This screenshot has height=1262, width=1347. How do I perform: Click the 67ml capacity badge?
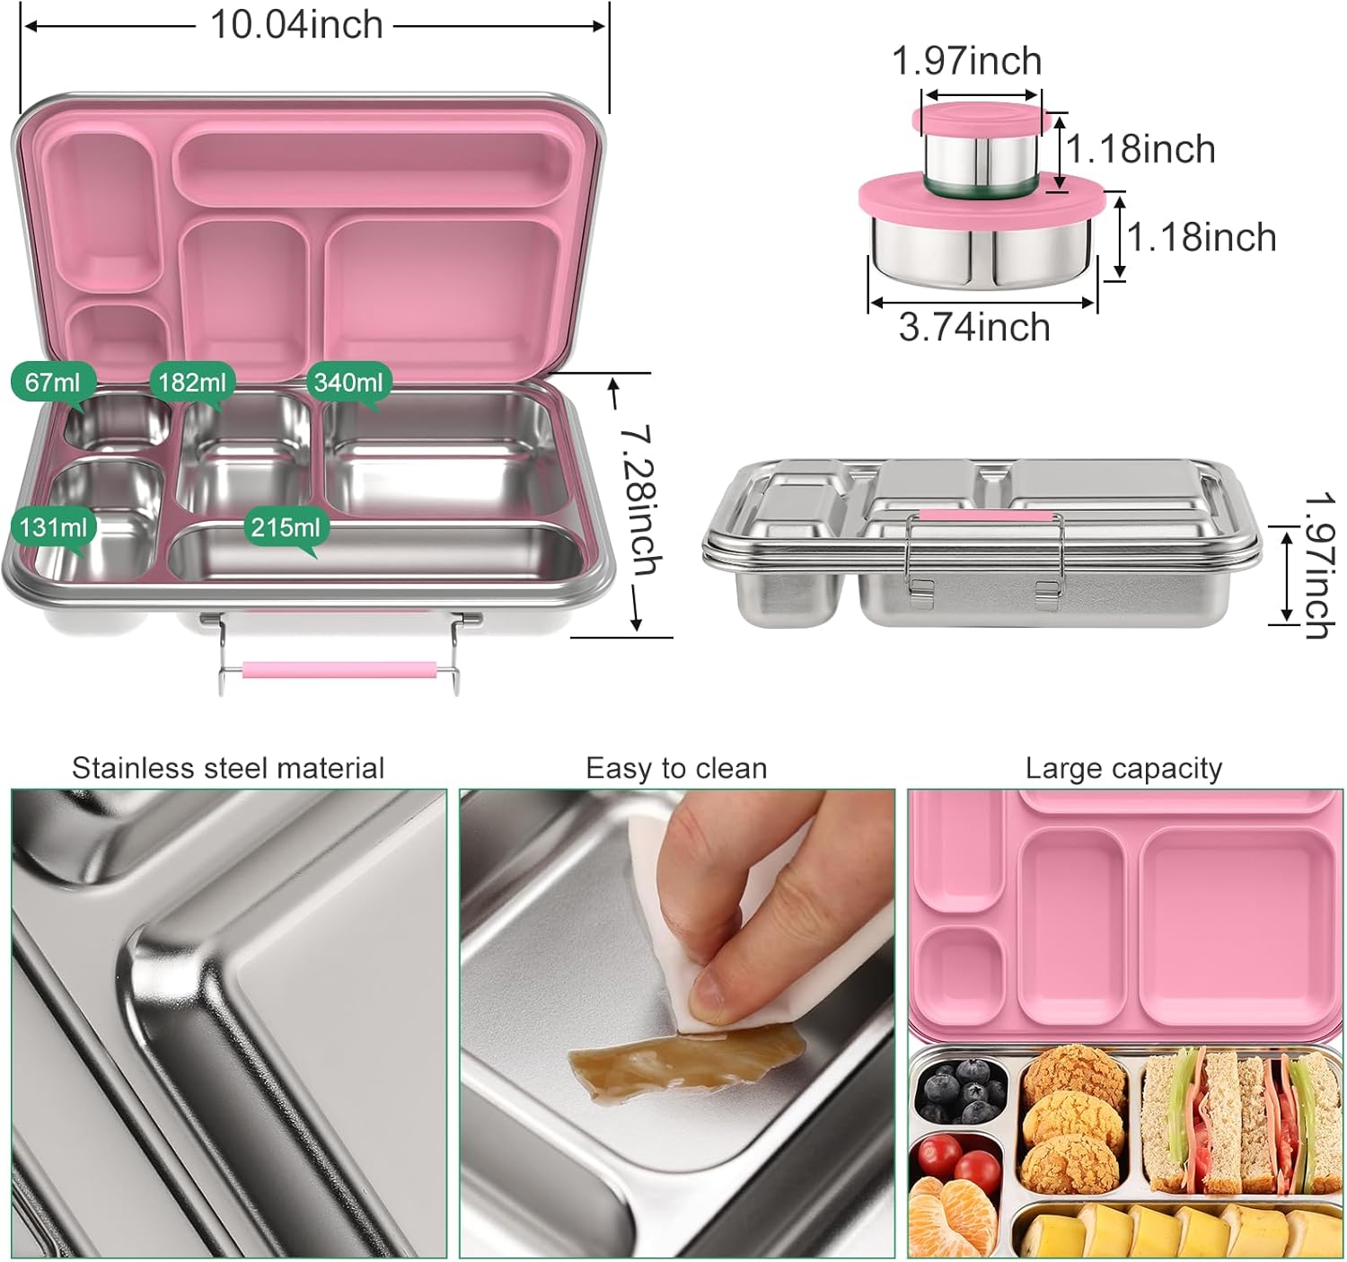(52, 383)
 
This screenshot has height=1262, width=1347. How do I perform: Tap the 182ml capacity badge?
(191, 383)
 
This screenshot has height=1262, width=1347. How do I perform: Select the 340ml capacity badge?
(348, 383)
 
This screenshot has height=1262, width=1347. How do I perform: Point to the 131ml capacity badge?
(54, 526)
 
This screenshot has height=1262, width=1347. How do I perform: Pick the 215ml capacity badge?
(286, 526)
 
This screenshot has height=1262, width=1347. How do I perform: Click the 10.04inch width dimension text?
(296, 25)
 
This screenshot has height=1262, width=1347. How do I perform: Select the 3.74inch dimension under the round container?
(974, 327)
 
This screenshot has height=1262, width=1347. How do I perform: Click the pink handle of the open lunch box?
(339, 670)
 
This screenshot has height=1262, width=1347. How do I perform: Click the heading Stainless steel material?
(228, 768)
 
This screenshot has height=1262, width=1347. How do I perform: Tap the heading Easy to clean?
(676, 768)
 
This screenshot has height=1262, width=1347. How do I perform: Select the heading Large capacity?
(1123, 768)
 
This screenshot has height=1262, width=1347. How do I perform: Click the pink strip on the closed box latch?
(984, 516)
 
